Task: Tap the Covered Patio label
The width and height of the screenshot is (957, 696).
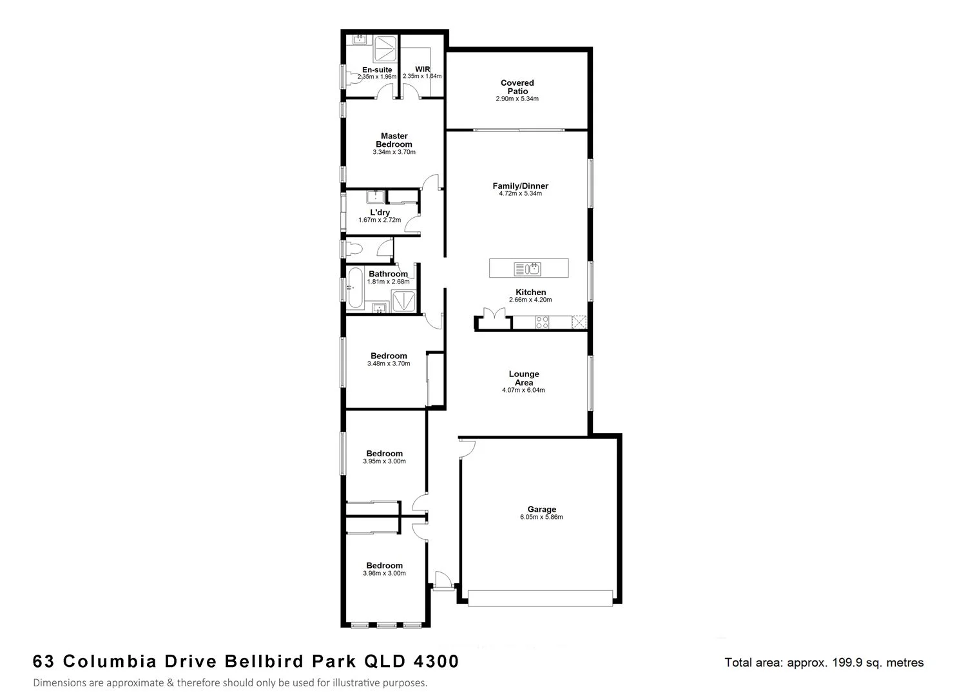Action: tap(517, 87)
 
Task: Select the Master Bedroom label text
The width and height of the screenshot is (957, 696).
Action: tap(394, 140)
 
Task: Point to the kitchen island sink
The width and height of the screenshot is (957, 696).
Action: tap(528, 268)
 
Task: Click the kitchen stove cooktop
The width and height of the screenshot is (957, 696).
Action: tap(542, 322)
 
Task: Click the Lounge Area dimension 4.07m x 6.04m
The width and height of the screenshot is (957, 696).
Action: tap(523, 390)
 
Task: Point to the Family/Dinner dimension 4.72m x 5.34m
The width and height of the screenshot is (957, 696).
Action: tap(520, 193)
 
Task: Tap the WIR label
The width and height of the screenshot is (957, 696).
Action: tap(422, 69)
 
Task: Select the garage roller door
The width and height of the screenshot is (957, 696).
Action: tap(540, 598)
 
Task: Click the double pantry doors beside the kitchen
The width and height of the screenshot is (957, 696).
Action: tap(494, 316)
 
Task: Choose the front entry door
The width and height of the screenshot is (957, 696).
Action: tap(443, 578)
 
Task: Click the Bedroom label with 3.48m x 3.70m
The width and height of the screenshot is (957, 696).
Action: tap(388, 356)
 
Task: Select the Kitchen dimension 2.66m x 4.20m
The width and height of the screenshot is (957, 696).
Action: tap(530, 300)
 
